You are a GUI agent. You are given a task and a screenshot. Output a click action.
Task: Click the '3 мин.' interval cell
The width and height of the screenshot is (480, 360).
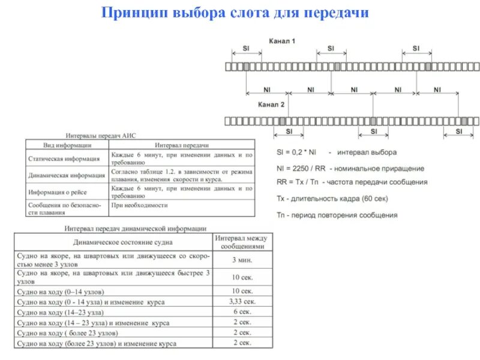[242, 260]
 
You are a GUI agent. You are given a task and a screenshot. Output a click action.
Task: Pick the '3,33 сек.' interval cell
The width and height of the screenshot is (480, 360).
[242, 301]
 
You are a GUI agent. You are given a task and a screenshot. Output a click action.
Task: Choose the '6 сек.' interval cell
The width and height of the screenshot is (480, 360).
[242, 312]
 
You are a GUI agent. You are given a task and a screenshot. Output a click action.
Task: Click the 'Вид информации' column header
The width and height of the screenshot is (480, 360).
[67, 145]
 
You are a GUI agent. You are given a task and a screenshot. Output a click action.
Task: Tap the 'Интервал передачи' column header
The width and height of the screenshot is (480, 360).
[181, 145]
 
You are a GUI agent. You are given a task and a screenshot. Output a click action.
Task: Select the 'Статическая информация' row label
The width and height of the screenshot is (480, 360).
[64, 159]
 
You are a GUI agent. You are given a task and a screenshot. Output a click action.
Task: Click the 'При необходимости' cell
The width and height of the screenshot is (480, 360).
[139, 205]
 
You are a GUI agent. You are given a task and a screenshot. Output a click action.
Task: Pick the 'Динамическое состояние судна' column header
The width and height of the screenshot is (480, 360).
[114, 242]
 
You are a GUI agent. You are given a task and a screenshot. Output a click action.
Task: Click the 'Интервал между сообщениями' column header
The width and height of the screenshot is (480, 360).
[242, 242]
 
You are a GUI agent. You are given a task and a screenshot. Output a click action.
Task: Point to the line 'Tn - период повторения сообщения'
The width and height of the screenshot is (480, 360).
[337, 214]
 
